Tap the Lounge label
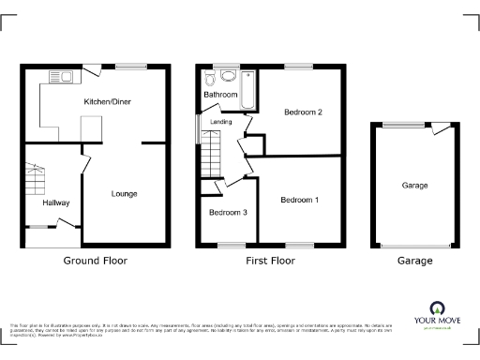click(x=125, y=194)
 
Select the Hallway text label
click(x=55, y=202)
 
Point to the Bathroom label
click(x=221, y=95)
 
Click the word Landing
click(x=221, y=122)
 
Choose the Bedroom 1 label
click(x=300, y=201)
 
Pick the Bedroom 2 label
click(x=304, y=113)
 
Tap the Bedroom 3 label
click(x=228, y=213)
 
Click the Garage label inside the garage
click(x=414, y=186)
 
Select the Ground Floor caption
click(x=95, y=260)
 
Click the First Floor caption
click(x=271, y=260)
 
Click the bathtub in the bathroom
click(x=248, y=90)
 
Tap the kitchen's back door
click(x=95, y=68)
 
